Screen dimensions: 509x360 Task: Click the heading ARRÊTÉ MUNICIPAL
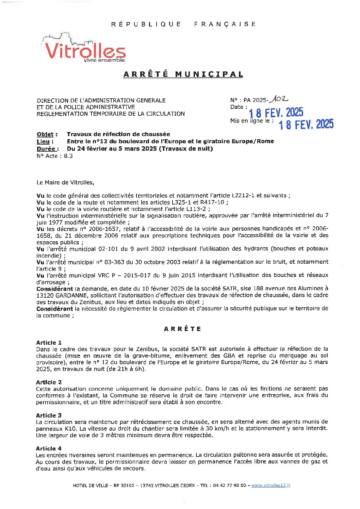[183, 74]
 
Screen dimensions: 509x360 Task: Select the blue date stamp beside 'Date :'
[276, 112]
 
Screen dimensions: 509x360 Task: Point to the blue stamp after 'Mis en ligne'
[306, 125]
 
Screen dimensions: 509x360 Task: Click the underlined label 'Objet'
[45, 134]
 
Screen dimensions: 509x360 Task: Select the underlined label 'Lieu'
[43, 141]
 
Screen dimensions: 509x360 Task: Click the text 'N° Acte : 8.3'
[54, 156]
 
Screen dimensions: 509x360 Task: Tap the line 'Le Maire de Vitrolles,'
[65, 182]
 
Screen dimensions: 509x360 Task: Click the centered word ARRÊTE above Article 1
[182, 329]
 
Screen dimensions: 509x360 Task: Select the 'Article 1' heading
[49, 342]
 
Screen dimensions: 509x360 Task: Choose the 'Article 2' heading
[49, 382]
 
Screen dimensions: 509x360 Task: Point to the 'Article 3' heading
[49, 415]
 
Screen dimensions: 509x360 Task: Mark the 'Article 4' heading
[49, 448]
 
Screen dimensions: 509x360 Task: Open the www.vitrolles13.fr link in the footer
[271, 486]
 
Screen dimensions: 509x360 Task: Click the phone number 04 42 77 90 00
[229, 486]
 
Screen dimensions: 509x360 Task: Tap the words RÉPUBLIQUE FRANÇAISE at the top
[183, 24]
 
